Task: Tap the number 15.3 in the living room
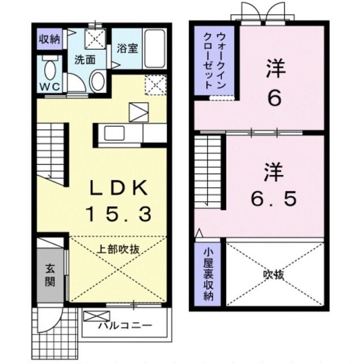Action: (118, 214)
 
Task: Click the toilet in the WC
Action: (49, 70)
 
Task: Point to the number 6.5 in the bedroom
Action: (274, 199)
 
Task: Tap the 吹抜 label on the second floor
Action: (274, 275)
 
